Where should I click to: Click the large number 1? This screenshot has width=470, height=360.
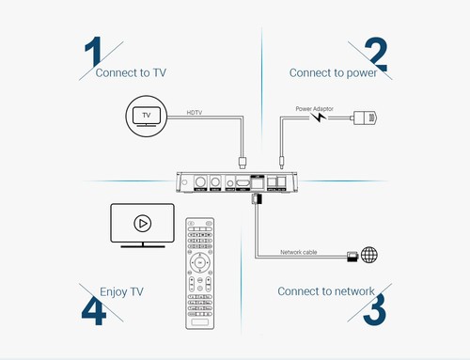(92, 55)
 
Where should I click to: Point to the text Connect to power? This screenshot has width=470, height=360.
(333, 73)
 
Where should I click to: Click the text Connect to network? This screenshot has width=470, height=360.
(325, 290)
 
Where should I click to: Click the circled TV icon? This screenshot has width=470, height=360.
(145, 117)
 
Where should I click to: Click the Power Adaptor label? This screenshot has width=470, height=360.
(314, 108)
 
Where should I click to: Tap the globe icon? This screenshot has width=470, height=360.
(368, 255)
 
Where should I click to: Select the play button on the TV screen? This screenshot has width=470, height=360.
(142, 225)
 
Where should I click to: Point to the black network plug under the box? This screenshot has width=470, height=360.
(255, 200)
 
